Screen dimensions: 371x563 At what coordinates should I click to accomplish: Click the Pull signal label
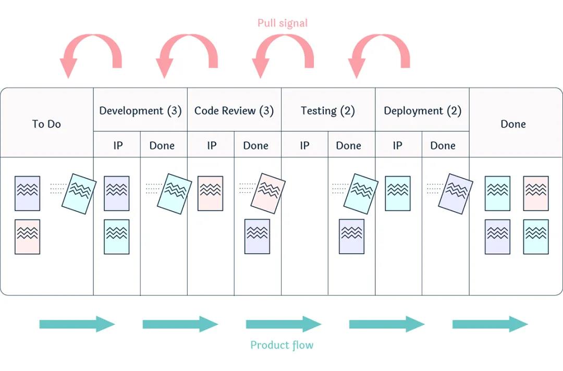(x=282, y=23)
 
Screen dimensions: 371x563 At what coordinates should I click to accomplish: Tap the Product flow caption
(x=281, y=345)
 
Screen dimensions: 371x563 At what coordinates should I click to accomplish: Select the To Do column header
(x=46, y=124)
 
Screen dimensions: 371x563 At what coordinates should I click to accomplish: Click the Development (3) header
(x=140, y=110)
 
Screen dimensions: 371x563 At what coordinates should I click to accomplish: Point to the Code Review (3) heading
(x=234, y=110)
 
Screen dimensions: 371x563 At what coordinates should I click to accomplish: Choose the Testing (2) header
(x=328, y=110)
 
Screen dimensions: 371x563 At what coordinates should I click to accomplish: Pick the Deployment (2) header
(x=422, y=110)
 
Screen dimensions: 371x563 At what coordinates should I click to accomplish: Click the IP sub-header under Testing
(x=304, y=145)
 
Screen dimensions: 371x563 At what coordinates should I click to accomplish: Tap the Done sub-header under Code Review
(x=255, y=145)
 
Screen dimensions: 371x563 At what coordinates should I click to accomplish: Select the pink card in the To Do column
(x=28, y=237)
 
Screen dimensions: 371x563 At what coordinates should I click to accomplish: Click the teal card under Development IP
(x=117, y=237)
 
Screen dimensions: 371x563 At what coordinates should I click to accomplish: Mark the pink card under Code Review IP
(x=211, y=193)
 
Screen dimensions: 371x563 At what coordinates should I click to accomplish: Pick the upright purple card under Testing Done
(x=351, y=237)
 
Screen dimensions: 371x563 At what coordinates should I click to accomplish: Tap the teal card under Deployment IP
(x=398, y=193)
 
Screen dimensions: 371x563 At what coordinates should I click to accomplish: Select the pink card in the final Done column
(x=536, y=193)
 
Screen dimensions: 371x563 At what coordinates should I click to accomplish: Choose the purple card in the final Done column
(x=497, y=237)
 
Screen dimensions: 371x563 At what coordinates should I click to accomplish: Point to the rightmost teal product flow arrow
(x=489, y=324)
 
